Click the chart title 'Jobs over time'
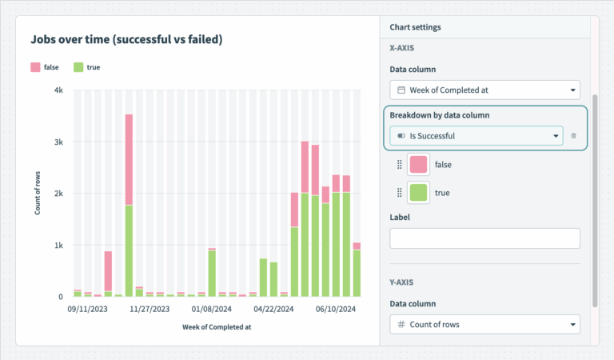[126, 38]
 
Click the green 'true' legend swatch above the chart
[79, 68]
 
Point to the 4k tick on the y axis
[58, 90]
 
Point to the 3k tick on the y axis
[58, 142]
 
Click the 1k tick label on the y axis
[58, 246]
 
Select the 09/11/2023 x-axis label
[87, 308]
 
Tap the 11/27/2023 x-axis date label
[150, 308]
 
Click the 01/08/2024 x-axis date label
[212, 308]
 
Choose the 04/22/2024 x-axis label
[274, 308]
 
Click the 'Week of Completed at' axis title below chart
[217, 326]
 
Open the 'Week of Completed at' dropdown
[484, 90]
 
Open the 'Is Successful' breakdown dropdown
[476, 136]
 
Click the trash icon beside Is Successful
[573, 136]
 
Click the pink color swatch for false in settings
[418, 165]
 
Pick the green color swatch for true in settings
[418, 193]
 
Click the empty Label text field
[484, 238]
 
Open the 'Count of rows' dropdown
[484, 324]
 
